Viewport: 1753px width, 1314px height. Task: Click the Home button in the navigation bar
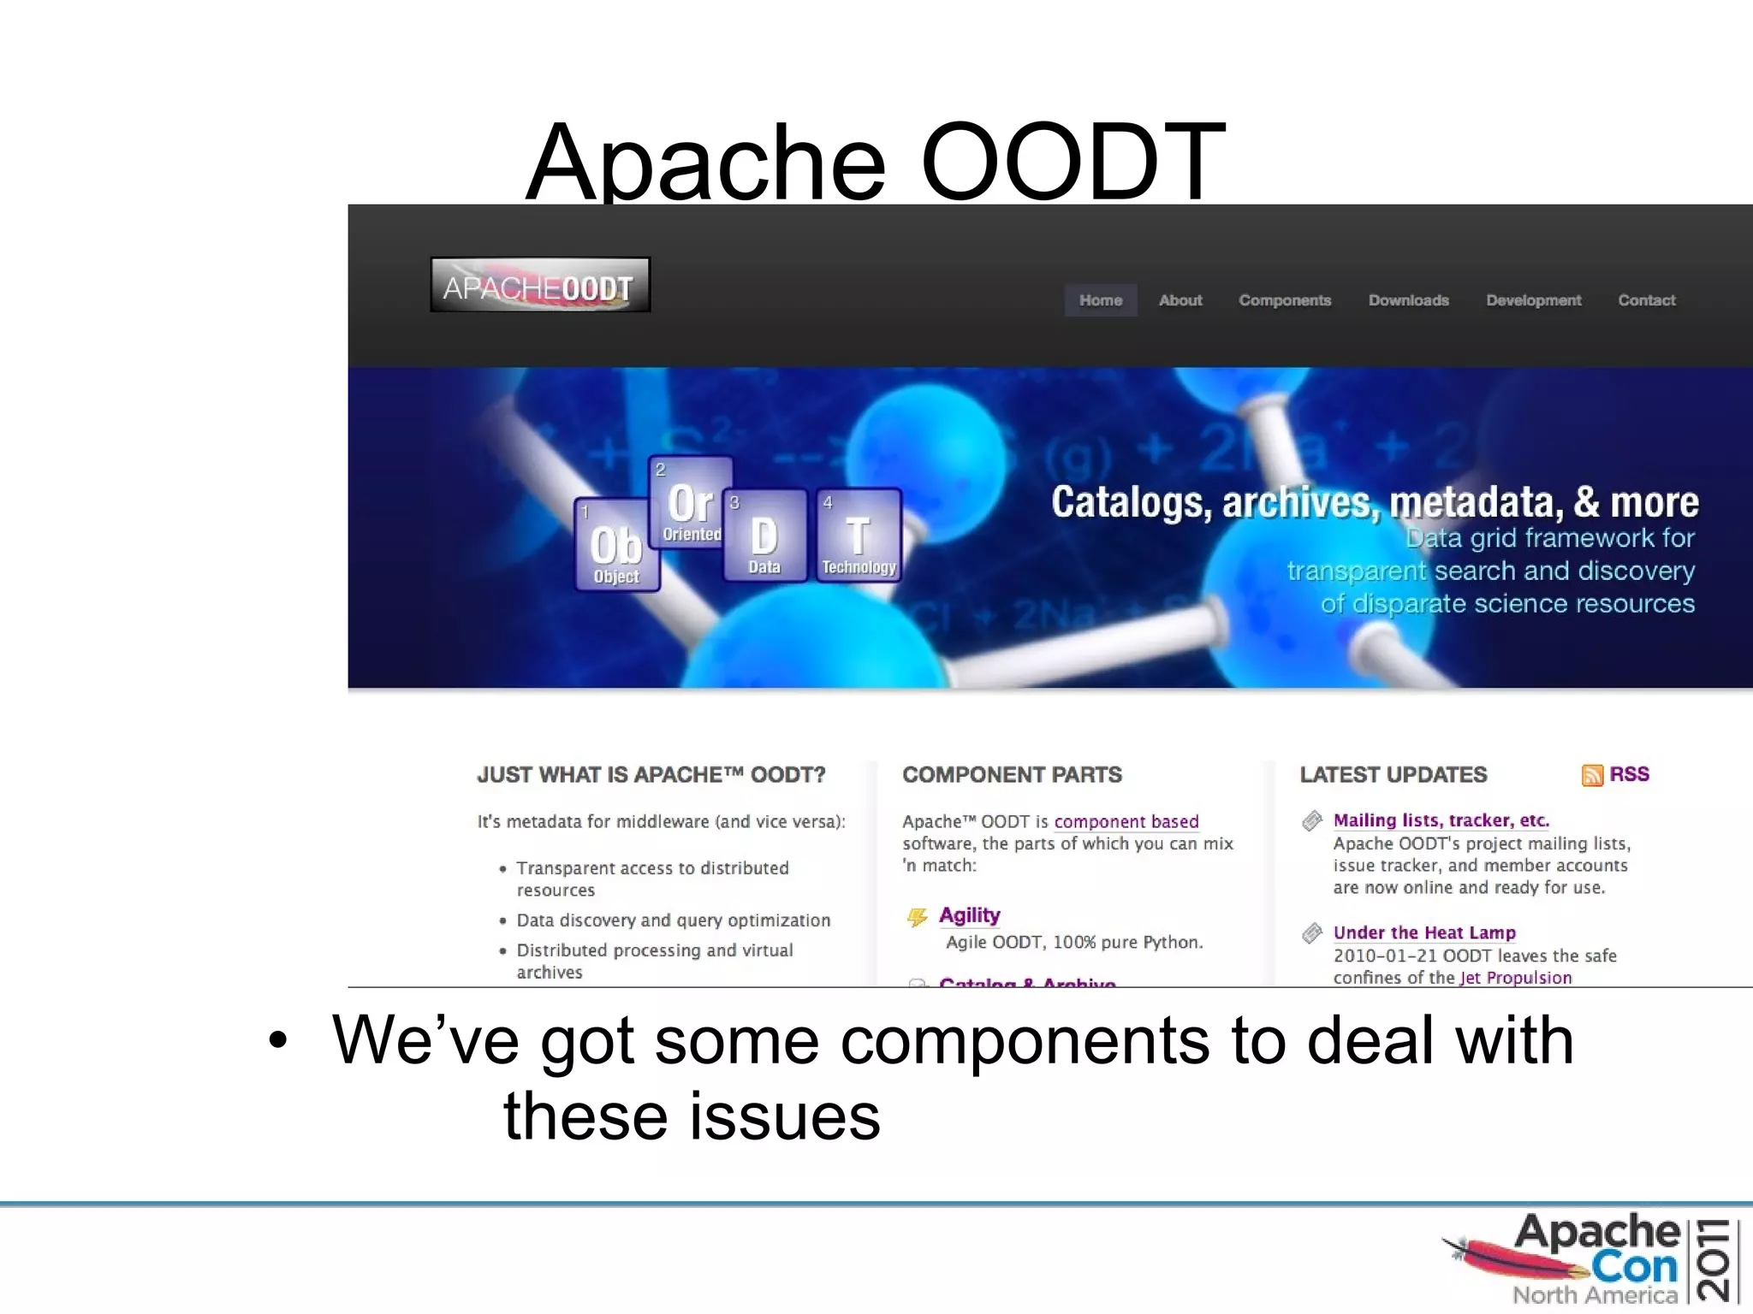(x=1100, y=300)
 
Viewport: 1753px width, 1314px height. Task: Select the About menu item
(x=1180, y=300)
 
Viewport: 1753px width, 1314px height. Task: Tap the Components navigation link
(x=1285, y=300)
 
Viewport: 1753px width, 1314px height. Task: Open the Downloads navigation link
(x=1408, y=300)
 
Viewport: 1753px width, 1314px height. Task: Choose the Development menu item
(x=1533, y=300)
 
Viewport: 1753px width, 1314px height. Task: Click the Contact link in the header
(x=1646, y=300)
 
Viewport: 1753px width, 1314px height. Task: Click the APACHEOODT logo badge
(x=539, y=285)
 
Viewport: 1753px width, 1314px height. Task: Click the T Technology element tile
(x=859, y=536)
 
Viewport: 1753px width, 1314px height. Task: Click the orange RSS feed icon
(x=1592, y=775)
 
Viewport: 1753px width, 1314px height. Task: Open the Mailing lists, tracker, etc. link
(x=1441, y=820)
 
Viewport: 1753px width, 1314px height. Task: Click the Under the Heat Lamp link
(x=1424, y=932)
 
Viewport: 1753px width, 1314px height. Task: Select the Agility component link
(x=969, y=915)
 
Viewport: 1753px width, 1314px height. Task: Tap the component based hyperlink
(x=1126, y=821)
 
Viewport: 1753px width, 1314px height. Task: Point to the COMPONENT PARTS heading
(x=1012, y=775)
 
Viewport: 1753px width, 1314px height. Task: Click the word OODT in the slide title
(x=1072, y=163)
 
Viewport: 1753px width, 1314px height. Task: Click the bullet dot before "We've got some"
(x=277, y=1041)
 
